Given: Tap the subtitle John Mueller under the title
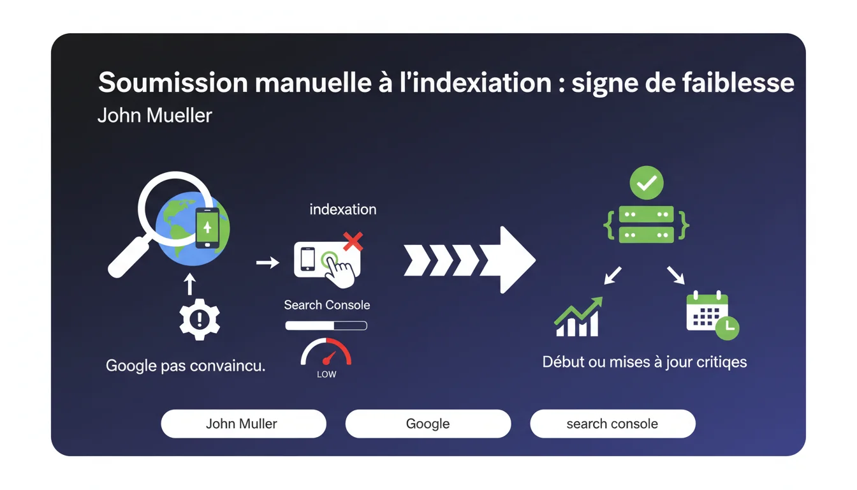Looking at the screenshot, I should click(154, 115).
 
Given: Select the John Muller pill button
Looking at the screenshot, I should click(243, 424).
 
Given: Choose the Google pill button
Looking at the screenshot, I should click(428, 424).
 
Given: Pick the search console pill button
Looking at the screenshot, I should click(612, 424).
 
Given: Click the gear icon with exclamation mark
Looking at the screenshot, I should click(200, 318).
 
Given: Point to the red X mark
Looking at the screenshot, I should click(353, 241).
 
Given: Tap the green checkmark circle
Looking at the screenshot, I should click(647, 183).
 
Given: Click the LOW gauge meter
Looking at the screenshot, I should click(326, 355).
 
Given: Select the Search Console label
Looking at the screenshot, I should click(326, 305).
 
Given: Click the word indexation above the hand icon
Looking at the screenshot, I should click(342, 209).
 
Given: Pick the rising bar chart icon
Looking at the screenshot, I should click(578, 317).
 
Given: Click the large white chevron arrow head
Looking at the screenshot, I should click(513, 259).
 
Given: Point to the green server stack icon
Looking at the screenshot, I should click(647, 224).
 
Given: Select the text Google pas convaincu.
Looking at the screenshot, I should click(186, 366).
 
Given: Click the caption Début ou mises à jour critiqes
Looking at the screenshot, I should click(644, 362).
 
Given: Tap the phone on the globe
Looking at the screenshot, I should click(207, 228).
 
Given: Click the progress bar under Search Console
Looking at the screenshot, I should click(326, 326).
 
